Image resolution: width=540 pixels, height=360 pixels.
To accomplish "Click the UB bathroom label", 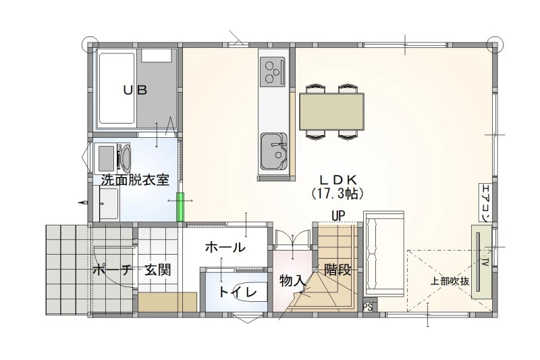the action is tap(136, 91).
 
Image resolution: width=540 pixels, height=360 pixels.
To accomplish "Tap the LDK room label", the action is tap(337, 180).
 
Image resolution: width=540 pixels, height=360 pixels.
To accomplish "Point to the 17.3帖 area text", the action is tap(337, 194).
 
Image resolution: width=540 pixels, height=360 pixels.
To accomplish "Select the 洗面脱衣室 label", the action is tap(135, 180).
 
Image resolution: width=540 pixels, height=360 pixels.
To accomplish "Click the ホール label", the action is tap(225, 247).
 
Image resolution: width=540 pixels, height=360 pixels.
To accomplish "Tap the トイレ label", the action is tap(238, 292).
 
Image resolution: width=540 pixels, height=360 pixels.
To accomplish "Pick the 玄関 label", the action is tap(158, 269).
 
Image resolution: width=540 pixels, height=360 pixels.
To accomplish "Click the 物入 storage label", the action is tap(292, 281).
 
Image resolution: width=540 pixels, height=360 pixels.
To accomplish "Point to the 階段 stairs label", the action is tap(337, 269).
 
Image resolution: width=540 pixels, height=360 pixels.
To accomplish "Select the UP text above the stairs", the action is tap(338, 216).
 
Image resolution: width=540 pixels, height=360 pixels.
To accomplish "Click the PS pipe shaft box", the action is tap(368, 307).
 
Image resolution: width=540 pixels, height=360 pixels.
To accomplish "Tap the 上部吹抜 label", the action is tap(450, 281).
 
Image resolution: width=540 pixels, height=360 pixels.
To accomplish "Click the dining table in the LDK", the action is tap(331, 111).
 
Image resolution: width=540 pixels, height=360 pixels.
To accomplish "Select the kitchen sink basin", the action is tap(273, 151).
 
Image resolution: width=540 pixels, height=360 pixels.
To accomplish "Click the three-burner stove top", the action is tap(273, 72).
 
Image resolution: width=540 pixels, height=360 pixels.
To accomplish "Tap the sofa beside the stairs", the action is tap(383, 254).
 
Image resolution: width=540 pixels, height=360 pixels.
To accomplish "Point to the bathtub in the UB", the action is tap(116, 88).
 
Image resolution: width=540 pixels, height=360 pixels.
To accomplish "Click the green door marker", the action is tap(180, 207).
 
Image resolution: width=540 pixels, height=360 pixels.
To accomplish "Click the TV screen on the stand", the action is tap(478, 262).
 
